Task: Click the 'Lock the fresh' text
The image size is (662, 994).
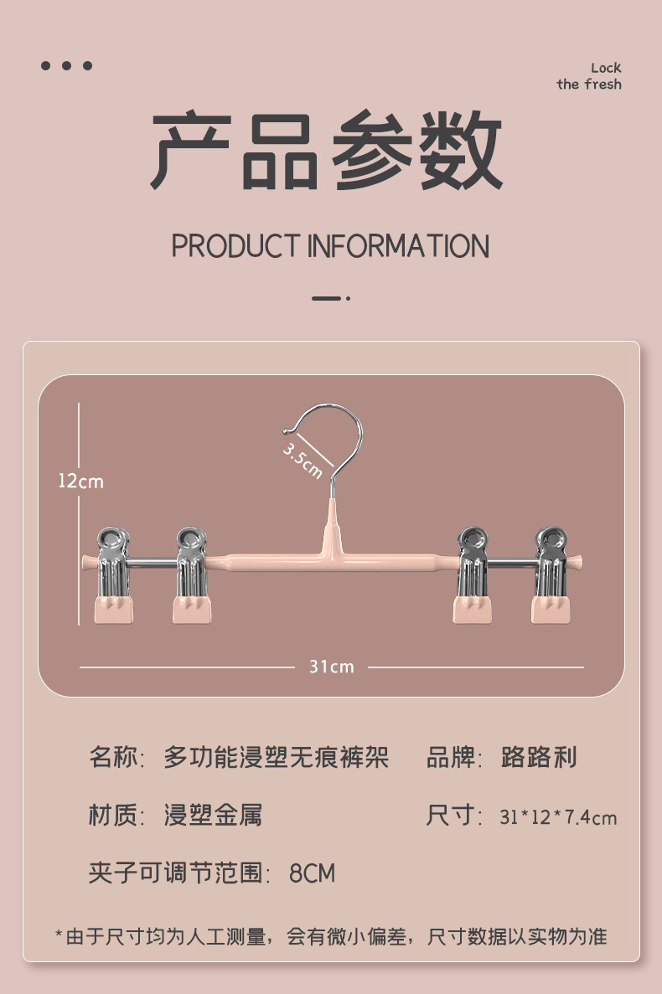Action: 589,76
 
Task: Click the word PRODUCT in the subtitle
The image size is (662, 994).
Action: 235,246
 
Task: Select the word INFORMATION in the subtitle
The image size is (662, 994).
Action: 398,246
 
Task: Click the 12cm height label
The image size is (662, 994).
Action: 81,482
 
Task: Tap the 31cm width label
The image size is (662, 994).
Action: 331,667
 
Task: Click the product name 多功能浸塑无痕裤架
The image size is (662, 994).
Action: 276,758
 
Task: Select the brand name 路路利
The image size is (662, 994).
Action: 539,758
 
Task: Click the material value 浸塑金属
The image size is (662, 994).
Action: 213,815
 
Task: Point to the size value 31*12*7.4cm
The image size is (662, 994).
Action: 558,816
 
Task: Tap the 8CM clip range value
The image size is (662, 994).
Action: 312,873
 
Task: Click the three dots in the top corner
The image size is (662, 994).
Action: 67,66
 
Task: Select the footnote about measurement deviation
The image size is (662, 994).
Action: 331,936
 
